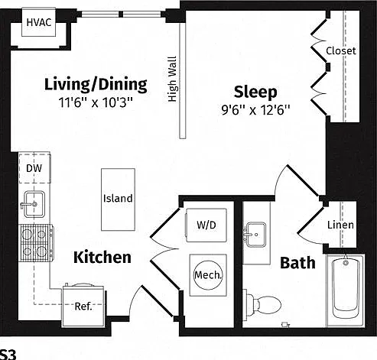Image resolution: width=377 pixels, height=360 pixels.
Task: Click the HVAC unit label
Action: coord(39,22)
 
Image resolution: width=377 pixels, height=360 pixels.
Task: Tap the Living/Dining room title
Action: coord(96,84)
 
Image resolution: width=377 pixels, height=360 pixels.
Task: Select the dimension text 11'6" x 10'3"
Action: coord(96,102)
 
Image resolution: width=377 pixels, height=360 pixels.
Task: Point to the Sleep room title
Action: coord(255,92)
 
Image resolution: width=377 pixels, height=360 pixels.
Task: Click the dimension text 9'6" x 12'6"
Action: coord(255,110)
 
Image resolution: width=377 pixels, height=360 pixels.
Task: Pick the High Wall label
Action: coord(172,79)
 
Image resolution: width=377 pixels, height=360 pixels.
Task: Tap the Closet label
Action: coord(341,50)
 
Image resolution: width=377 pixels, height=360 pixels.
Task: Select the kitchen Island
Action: coord(118,199)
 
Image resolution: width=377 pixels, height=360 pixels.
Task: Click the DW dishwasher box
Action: coord(34,168)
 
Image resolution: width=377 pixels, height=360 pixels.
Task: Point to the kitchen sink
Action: coord(34,204)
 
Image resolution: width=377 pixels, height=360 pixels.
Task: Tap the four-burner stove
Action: coord(36,243)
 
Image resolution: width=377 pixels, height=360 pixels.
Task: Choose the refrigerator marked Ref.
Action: coord(83,306)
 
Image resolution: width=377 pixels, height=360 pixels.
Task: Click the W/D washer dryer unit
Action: coord(206,225)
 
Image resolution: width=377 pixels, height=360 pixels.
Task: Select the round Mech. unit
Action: coord(208,275)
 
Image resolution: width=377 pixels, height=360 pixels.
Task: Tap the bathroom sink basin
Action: coord(255,235)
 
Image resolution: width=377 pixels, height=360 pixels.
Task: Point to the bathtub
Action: coord(346,290)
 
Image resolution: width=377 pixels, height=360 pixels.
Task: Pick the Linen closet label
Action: coord(340,225)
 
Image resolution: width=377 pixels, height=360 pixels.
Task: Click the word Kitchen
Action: coord(102,257)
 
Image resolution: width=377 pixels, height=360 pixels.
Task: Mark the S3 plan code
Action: coord(8,354)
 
